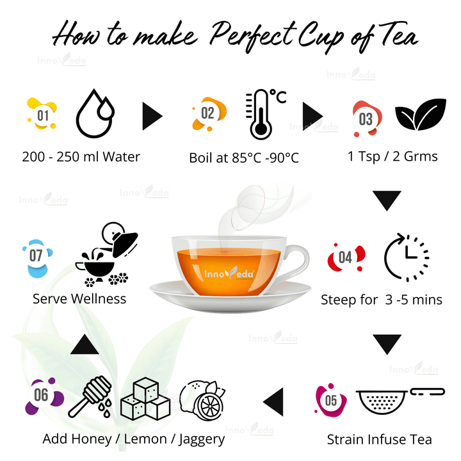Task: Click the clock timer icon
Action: pyautogui.click(x=406, y=259)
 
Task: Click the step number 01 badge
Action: pyautogui.click(x=42, y=116)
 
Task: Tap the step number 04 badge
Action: pyautogui.click(x=345, y=257)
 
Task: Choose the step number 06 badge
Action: pyautogui.click(x=42, y=395)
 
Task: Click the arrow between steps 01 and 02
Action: pyautogui.click(x=152, y=116)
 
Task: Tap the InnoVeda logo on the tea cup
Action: pyautogui.click(x=229, y=273)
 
